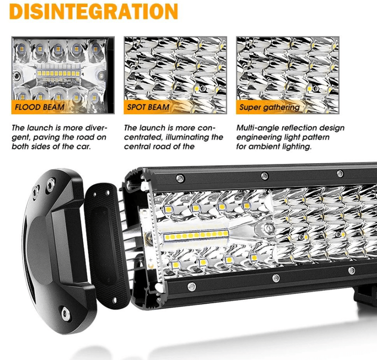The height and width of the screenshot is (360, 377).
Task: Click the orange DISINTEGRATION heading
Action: [94, 11]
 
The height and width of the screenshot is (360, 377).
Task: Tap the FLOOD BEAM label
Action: [39, 107]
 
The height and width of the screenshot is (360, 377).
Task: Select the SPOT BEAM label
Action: [148, 107]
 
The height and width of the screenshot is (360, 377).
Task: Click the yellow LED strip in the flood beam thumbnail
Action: [58, 74]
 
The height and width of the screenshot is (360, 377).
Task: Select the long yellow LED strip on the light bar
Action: [196, 235]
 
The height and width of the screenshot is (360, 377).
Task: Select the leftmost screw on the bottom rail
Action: [191, 286]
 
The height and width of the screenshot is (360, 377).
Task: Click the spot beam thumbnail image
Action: [175, 75]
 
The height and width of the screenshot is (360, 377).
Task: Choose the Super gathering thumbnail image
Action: [287, 75]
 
